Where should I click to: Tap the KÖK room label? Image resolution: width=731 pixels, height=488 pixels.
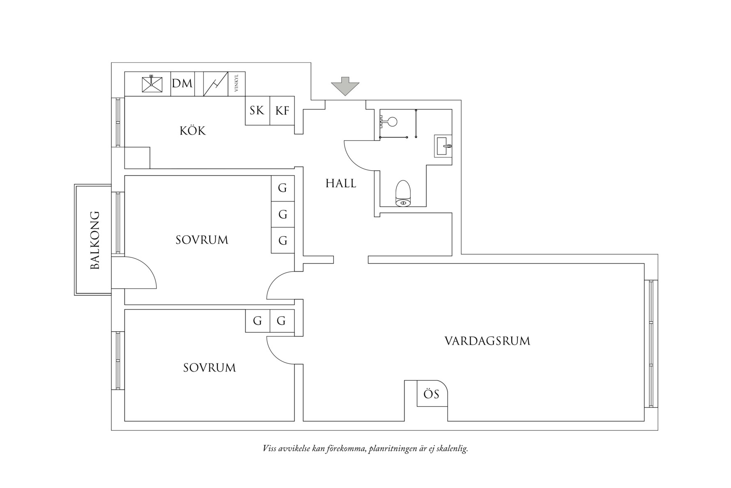coord(193,131)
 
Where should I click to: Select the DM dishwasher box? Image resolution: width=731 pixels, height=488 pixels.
coord(182,84)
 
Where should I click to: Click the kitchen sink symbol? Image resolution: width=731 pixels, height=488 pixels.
coord(152,84)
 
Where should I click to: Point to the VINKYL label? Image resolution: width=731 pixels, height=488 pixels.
coord(236,84)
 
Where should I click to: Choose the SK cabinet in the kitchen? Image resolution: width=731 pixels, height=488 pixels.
coord(257,110)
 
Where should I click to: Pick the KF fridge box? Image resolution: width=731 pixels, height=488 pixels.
coord(282,110)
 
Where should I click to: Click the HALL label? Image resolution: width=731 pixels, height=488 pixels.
coord(341,183)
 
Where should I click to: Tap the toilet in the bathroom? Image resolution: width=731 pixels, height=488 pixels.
coord(403,193)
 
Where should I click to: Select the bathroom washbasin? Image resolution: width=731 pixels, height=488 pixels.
coord(443,146)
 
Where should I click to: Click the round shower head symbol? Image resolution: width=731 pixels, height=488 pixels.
coord(392,121)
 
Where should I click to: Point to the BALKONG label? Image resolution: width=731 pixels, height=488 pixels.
coord(95,240)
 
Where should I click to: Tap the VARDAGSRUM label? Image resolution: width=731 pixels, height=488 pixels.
coord(487,341)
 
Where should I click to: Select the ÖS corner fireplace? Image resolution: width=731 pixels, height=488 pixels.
coord(431,394)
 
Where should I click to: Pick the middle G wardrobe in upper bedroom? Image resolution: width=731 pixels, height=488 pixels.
coord(283,214)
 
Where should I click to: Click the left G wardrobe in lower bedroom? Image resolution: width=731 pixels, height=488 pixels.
coord(257,321)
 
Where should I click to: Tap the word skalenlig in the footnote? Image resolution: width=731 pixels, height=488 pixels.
coord(453,448)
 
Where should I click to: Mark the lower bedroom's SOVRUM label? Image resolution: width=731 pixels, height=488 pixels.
coord(209,368)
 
